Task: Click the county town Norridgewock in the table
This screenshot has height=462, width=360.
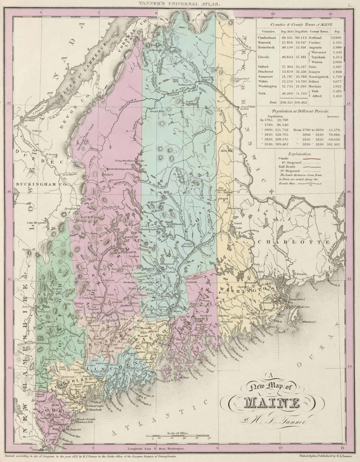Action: click(x=319, y=77)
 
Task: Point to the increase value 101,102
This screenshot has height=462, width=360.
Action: click(x=336, y=144)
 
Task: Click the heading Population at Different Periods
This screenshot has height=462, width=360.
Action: click(x=299, y=112)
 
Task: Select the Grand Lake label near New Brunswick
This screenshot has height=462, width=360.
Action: click(x=237, y=225)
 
